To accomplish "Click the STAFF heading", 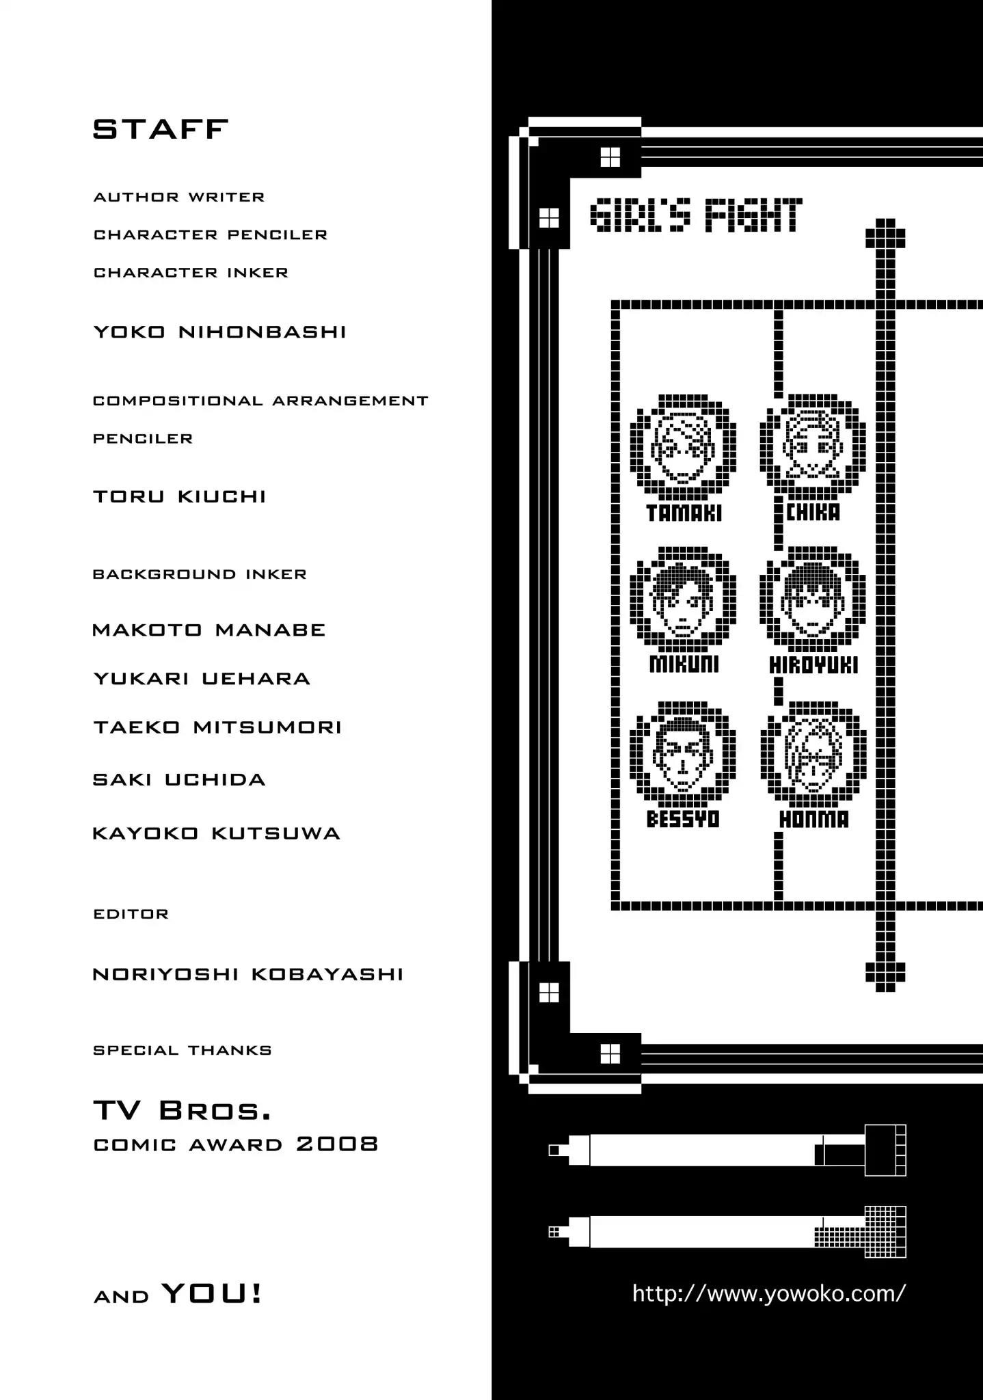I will pos(160,129).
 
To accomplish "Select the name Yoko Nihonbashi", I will pos(219,332).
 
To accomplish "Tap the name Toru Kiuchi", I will pos(179,497).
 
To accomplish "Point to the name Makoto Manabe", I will pos(208,630).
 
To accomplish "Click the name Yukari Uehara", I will pos(202,679).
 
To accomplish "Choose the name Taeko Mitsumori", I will pos(217,727).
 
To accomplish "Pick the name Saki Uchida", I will pos(179,780).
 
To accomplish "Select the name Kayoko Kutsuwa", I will pos(216,833).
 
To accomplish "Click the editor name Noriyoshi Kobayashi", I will pos(247,974).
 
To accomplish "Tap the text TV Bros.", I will pos(182,1112).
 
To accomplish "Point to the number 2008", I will pos(337,1144).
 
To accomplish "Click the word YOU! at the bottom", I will pos(212,1293).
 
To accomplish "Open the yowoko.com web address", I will pos(769,1293).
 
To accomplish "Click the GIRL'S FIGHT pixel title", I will pos(695,215).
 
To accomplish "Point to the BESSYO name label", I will pos(683,819).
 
